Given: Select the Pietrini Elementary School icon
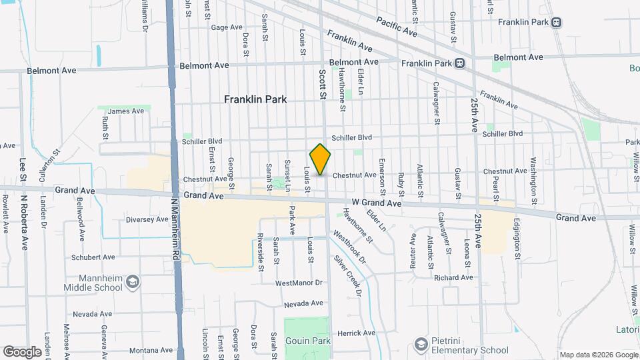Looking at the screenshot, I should click(x=421, y=344).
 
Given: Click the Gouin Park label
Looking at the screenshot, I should click(x=307, y=341).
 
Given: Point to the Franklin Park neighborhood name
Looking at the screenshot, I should click(x=255, y=99).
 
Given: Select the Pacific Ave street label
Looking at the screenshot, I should click(x=396, y=27).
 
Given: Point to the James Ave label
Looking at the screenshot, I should click(x=126, y=111).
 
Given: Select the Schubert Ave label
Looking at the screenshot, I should click(x=93, y=257).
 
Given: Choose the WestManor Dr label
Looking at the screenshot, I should click(x=298, y=283).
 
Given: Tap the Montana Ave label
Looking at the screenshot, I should click(x=151, y=350).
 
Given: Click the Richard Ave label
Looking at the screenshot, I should click(x=453, y=277).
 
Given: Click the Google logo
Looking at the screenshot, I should click(x=22, y=351).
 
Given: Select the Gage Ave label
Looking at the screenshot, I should click(x=227, y=27).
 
